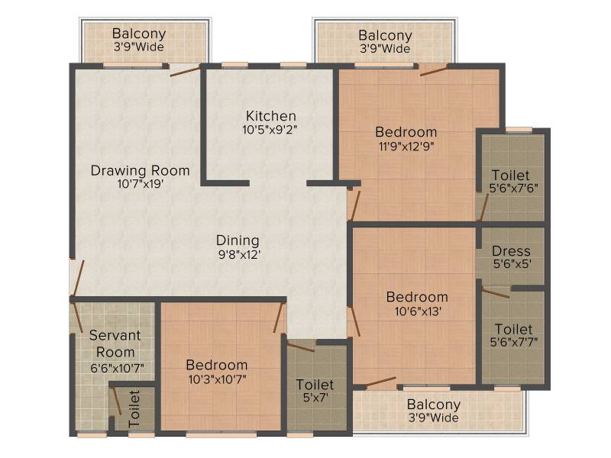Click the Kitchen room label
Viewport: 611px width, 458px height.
point(271,116)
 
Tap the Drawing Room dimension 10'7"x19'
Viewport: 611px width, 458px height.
point(141,184)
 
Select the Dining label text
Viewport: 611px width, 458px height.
point(238,240)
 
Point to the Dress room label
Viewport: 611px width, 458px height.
point(511,251)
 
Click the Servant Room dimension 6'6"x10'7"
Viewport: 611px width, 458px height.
point(118,368)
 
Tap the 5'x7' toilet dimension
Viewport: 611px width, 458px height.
point(315,398)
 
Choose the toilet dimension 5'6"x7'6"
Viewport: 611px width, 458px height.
point(513,189)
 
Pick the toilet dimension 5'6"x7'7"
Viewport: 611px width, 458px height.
point(514,342)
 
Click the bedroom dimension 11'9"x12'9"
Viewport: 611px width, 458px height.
point(406,147)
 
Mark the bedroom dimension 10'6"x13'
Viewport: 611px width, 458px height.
point(418,311)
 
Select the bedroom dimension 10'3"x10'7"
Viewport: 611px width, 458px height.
point(218,379)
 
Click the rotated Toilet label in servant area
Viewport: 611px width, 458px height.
point(134,408)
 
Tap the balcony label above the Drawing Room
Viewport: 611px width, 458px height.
point(139,34)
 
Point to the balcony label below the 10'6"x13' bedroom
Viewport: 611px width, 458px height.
point(434,405)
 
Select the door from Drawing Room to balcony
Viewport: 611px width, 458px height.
point(185,72)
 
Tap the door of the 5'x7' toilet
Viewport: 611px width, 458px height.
point(301,346)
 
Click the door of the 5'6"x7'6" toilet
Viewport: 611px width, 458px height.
point(483,208)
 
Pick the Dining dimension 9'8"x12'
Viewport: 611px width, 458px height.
point(239,255)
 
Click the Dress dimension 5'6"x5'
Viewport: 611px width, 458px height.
point(512,264)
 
